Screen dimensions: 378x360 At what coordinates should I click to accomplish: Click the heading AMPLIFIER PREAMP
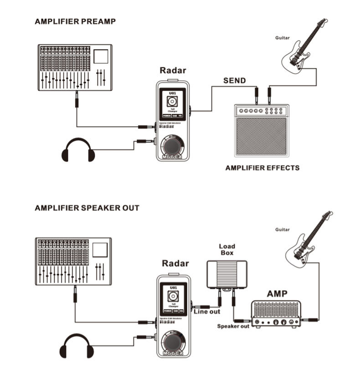[75, 21]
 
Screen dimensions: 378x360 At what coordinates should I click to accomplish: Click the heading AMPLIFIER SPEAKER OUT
[87, 208]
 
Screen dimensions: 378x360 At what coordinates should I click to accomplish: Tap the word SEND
[234, 81]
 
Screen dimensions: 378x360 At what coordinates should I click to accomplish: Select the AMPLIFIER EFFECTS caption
[262, 168]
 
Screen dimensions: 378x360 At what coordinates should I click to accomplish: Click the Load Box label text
[226, 249]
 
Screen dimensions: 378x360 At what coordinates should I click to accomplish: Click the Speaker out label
[233, 326]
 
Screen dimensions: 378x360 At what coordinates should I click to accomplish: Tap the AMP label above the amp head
[277, 294]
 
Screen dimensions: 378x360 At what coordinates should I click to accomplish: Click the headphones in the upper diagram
[78, 150]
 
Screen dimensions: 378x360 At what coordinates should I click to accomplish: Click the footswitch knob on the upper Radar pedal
[173, 146]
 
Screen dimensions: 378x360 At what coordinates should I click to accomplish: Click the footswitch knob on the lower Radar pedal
[173, 345]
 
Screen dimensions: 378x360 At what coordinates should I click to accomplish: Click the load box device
[226, 274]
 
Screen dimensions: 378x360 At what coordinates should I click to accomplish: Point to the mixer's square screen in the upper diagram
[100, 56]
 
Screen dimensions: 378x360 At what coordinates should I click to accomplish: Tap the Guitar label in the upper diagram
[282, 38]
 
